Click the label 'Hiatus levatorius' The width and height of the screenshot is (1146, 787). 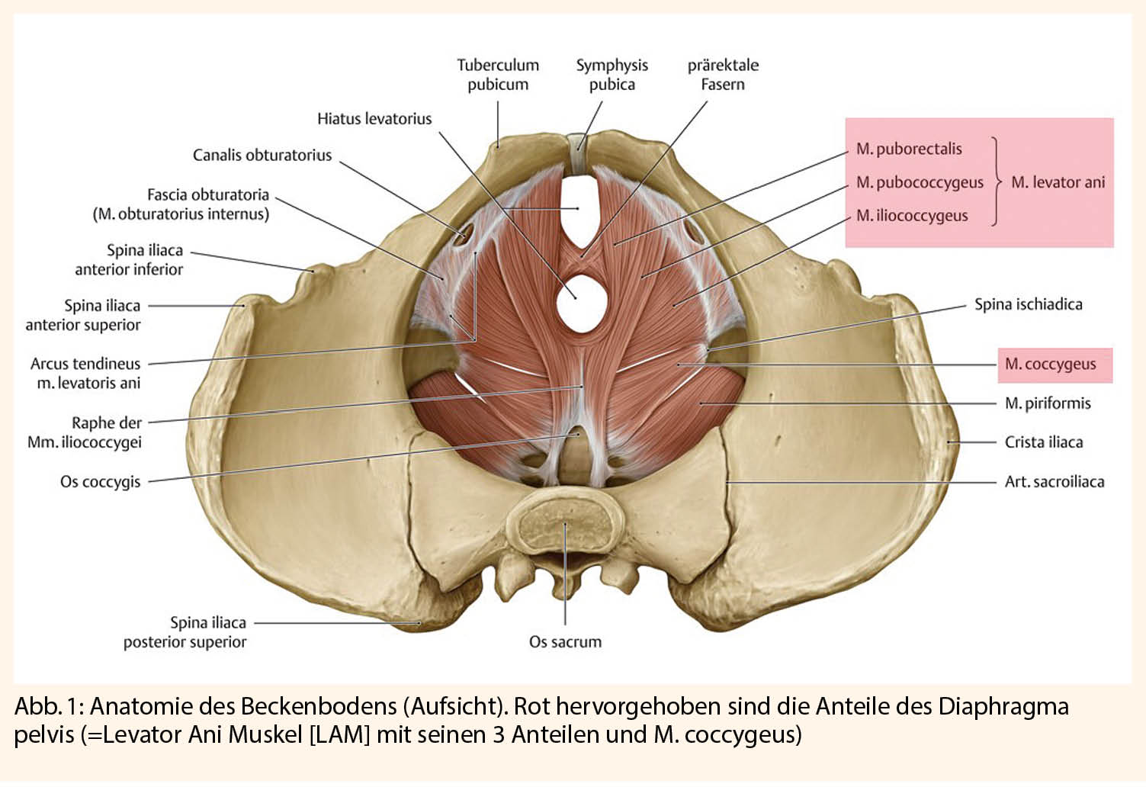[374, 119]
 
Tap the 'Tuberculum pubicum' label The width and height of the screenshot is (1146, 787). [498, 75]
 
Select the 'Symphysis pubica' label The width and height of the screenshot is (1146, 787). [612, 75]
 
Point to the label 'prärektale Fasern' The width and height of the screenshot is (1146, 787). [723, 75]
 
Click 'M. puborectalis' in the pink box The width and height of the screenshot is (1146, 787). [909, 149]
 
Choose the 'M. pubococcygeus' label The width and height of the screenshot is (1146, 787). [920, 182]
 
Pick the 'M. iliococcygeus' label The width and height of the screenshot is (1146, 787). [912, 215]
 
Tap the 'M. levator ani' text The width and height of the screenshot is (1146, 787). [1058, 182]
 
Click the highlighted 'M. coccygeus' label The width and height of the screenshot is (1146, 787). [1051, 365]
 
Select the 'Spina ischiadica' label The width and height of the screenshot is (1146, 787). [1029, 304]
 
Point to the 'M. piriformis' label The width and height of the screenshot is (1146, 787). [1048, 403]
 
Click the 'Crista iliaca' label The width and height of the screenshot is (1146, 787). [1044, 442]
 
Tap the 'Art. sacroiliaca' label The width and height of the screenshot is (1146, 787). [1055, 481]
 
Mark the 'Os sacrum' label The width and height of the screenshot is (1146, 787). [565, 641]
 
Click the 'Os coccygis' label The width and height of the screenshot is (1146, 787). [101, 482]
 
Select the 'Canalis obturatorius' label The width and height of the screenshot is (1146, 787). [262, 155]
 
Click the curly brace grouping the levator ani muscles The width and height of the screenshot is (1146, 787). [996, 181]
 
